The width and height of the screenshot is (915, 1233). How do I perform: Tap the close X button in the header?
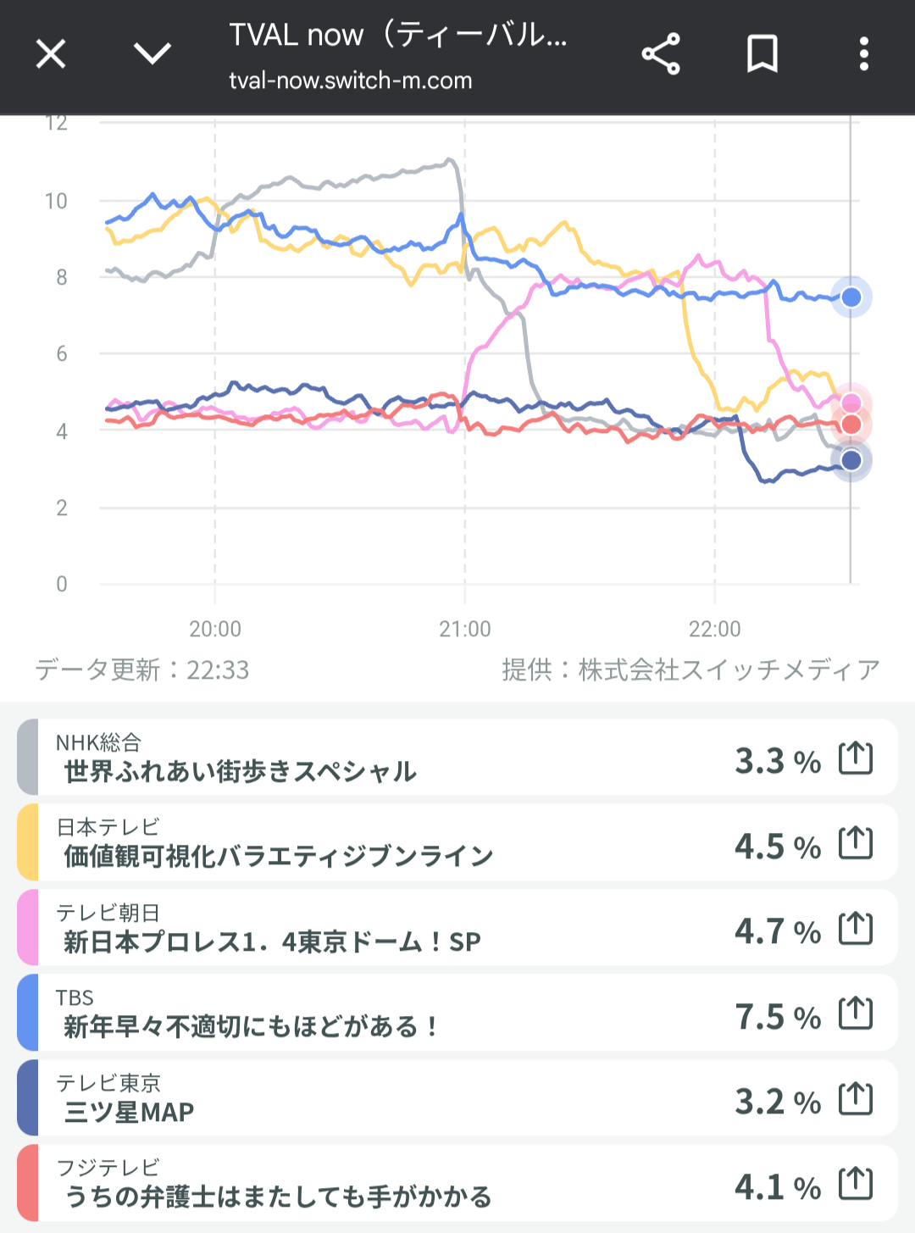51,55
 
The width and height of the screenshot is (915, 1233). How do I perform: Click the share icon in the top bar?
661,55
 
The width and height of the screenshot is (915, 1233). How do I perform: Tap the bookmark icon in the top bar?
762,55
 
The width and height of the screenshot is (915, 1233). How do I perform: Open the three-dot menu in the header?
863,55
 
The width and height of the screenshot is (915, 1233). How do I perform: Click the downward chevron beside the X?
152,55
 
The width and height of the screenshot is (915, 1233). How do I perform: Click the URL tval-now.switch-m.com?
350,81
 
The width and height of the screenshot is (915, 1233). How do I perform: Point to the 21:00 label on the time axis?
464,629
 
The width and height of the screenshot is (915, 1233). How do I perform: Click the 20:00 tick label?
214,629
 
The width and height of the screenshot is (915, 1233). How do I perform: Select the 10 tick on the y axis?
56,202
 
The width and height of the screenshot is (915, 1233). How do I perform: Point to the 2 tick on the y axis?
61,508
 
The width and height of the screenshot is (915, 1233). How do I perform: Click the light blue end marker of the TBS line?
851,297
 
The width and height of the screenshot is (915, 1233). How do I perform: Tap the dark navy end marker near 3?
851,460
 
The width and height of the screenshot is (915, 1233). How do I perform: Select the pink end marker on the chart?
851,403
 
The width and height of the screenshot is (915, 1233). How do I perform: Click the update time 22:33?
218,670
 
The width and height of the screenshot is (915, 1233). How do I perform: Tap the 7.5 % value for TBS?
777,1017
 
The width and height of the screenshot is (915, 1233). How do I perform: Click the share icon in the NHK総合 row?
855,758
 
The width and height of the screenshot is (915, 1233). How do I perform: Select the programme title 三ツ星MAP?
129,1112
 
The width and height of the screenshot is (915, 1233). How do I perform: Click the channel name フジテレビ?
108,1168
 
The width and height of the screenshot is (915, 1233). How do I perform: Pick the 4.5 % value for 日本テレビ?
777,847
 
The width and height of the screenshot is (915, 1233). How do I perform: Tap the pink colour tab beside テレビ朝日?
27,928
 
